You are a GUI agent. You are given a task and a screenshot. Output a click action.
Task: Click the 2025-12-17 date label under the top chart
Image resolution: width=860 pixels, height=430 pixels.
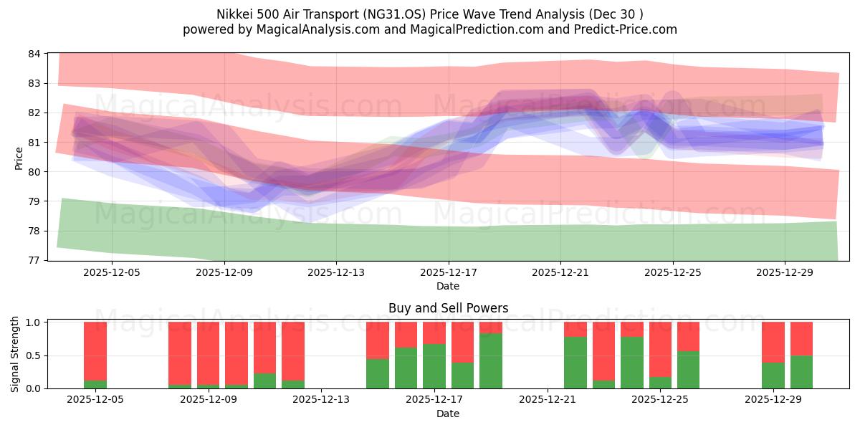(x=448, y=272)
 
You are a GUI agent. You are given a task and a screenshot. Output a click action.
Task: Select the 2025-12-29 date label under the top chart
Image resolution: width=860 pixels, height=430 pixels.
(x=784, y=272)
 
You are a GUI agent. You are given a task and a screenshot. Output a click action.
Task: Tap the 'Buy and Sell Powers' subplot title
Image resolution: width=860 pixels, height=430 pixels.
(x=448, y=308)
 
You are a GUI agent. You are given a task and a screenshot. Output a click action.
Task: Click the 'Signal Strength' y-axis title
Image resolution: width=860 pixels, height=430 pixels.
(x=15, y=354)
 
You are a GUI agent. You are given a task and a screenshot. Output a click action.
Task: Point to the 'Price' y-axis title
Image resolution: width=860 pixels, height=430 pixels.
(x=19, y=157)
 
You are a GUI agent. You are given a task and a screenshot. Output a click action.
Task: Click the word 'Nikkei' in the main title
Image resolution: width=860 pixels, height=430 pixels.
(x=234, y=14)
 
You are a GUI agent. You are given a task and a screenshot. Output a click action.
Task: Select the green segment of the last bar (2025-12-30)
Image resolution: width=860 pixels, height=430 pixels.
(x=801, y=372)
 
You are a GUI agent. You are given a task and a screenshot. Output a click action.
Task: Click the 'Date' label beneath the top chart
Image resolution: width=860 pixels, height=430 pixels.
(x=448, y=286)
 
